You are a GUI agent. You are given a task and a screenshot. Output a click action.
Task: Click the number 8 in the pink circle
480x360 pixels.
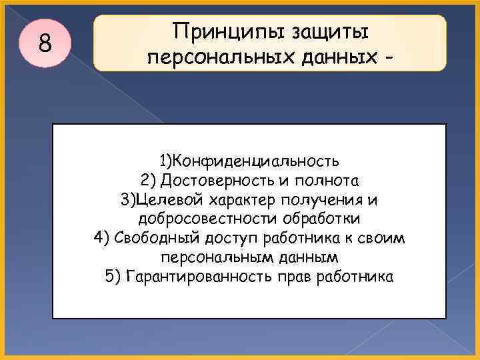[45, 43]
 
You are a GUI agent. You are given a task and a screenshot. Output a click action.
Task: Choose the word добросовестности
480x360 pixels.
[199, 219]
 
